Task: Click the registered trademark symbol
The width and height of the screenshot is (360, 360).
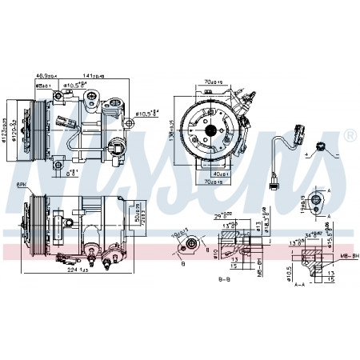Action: click(x=349, y=135)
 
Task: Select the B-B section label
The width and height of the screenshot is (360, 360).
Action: click(x=225, y=279)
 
